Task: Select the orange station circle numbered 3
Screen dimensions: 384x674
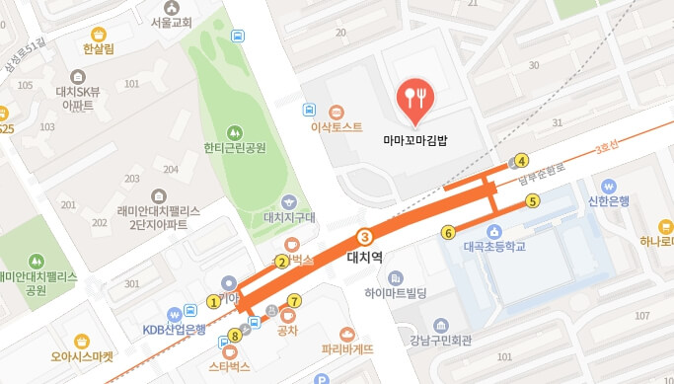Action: (364, 237)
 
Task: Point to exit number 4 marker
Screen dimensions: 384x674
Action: (522, 161)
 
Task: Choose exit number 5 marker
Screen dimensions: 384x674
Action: (532, 201)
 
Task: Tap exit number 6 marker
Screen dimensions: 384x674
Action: (448, 233)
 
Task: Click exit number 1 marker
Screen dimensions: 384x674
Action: (213, 301)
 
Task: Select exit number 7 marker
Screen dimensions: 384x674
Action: (293, 300)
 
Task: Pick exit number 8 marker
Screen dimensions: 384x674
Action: (235, 335)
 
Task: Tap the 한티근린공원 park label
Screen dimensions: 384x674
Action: (235, 149)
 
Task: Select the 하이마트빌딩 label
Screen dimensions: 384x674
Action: (395, 293)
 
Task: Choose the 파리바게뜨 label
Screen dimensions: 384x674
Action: (347, 348)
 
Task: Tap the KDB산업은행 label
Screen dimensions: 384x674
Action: (174, 329)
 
